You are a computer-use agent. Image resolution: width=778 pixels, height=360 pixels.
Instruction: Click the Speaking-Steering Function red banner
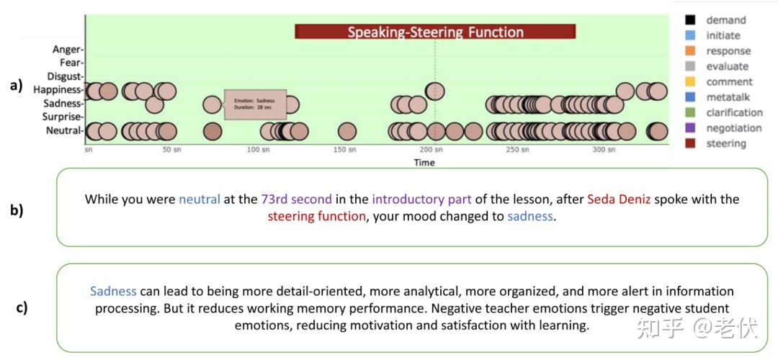(435, 32)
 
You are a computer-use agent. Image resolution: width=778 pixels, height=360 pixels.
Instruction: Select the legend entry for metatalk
(728, 97)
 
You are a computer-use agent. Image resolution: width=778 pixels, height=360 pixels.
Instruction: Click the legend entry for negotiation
(733, 128)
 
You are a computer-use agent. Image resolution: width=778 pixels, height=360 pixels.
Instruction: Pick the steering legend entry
(725, 143)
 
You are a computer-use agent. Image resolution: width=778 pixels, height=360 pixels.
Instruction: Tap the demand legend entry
(725, 20)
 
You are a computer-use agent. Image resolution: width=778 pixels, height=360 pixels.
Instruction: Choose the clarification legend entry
(733, 112)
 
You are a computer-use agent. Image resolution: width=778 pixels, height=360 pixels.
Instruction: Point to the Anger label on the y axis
(68, 50)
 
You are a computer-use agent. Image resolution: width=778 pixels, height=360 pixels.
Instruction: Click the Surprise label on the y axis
(63, 117)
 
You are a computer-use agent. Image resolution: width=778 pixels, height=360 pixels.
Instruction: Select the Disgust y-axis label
(65, 76)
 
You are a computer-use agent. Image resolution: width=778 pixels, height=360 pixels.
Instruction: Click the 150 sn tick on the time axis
(344, 150)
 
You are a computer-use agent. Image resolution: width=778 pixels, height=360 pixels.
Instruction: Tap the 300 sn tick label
(604, 150)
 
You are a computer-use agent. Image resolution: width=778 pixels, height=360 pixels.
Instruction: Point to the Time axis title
(424, 163)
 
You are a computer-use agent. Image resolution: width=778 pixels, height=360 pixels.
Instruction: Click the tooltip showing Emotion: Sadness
(255, 104)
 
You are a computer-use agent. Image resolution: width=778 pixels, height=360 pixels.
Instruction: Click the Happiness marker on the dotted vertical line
(435, 91)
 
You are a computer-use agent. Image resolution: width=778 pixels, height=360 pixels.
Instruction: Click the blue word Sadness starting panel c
(113, 292)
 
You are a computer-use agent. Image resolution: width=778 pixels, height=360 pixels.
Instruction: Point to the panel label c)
(22, 307)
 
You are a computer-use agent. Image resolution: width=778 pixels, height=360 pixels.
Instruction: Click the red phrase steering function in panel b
(316, 216)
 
